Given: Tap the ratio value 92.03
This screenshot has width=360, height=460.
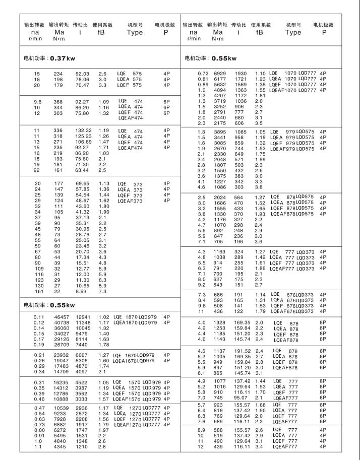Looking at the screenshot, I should click(82, 74).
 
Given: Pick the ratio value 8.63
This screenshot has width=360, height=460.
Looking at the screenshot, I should click(81, 291).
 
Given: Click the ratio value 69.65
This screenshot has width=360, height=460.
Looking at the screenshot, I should click(82, 184).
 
